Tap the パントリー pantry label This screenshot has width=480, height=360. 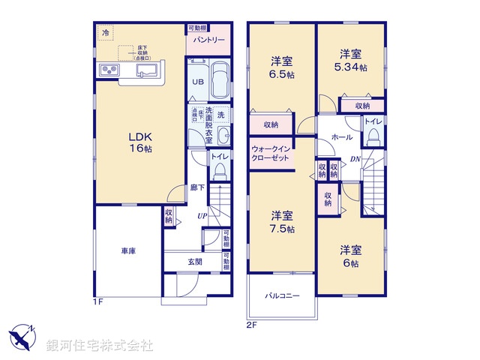tap(206, 40)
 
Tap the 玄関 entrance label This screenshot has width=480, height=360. tap(194, 261)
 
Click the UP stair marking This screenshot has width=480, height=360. tap(202, 217)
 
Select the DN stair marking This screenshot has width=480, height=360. tap(356, 160)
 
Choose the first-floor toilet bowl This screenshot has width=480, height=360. tap(219, 172)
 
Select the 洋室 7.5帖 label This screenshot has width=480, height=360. tap(282, 221)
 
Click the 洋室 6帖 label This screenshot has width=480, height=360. tap(350, 256)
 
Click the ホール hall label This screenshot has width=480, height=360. tap(333, 136)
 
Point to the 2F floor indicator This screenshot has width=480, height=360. tap(250, 325)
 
